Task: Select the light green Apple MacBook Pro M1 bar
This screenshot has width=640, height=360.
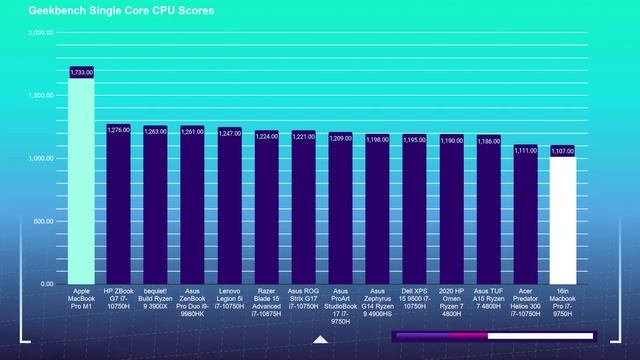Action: point(81,180)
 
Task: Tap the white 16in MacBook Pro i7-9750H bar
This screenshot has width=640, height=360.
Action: point(562,220)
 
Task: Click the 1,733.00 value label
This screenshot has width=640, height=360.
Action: point(81,72)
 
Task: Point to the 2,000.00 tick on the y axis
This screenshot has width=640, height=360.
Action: point(41,33)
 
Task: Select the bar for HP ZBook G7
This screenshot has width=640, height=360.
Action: point(118,205)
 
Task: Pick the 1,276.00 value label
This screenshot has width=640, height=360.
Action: point(118,129)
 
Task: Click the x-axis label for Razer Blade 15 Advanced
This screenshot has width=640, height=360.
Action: point(266,301)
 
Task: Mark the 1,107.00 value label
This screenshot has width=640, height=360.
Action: point(562,151)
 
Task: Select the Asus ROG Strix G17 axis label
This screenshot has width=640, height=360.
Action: point(303,301)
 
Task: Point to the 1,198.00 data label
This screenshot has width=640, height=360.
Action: point(377,140)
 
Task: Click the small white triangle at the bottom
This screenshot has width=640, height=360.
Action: point(320,340)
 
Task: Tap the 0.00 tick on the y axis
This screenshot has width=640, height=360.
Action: point(46,284)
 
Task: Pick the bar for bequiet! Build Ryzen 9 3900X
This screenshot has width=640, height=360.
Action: point(155,206)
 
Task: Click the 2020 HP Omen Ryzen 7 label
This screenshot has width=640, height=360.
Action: point(451,301)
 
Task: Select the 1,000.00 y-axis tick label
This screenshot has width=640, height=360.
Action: point(41,159)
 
